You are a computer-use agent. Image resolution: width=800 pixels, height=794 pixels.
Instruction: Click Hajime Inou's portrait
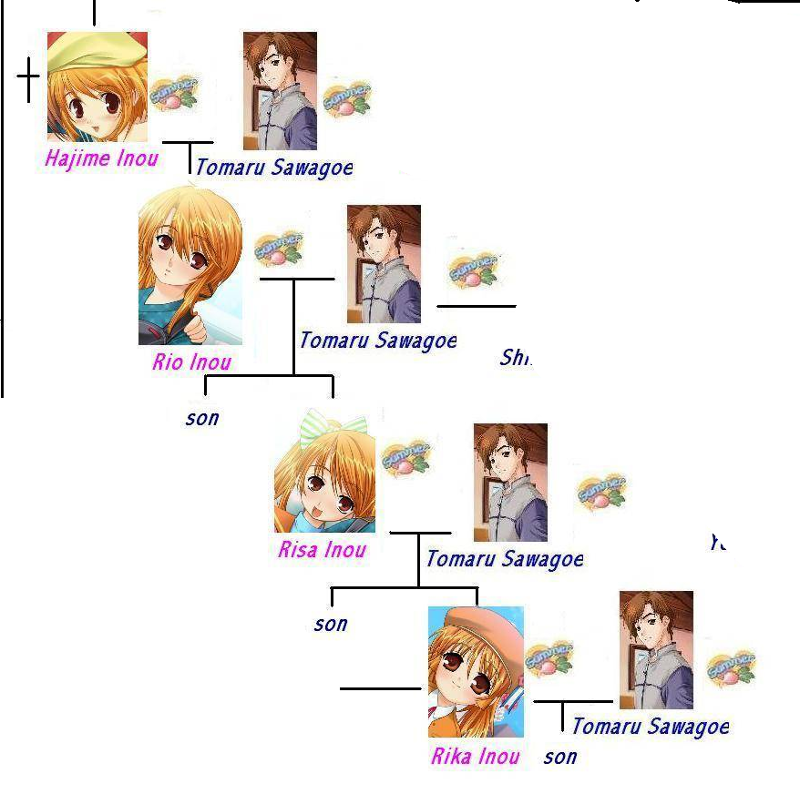point(97,87)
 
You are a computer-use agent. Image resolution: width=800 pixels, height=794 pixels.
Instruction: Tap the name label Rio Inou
point(192,361)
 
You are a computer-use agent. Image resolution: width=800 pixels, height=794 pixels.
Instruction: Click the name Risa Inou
point(323,550)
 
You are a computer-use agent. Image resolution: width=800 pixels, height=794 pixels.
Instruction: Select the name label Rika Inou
point(476,756)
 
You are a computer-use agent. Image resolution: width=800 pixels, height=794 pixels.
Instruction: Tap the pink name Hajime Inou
point(101,158)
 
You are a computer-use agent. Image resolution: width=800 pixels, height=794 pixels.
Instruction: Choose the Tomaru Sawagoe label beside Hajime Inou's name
point(273,167)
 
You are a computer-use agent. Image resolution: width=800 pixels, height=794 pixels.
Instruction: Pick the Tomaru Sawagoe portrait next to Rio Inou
point(384,264)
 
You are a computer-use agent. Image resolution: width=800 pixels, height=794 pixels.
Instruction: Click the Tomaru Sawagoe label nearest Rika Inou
point(651,726)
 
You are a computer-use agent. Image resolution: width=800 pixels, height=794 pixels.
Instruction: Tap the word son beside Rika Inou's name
point(560,757)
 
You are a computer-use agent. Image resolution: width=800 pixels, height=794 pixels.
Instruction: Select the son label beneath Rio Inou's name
point(202,419)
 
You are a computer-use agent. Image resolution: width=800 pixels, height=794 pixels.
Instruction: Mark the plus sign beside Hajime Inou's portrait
point(29,80)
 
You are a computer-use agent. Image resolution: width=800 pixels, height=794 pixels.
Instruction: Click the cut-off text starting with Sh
point(515,358)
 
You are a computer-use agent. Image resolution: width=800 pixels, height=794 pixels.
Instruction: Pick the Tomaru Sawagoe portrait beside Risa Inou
point(510,483)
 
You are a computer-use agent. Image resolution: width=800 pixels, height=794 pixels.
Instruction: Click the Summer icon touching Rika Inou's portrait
point(549,657)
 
